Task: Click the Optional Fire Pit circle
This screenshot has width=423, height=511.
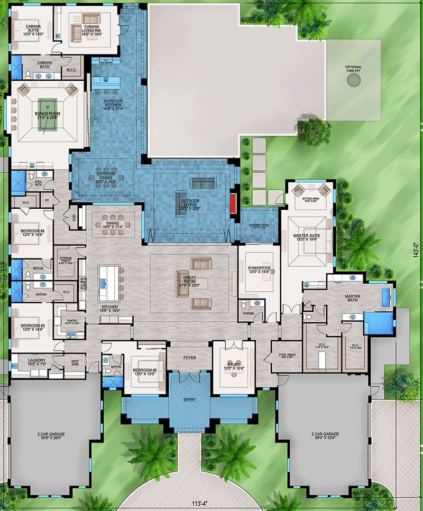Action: pyautogui.click(x=354, y=79)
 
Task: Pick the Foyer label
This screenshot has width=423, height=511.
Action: pyautogui.click(x=189, y=357)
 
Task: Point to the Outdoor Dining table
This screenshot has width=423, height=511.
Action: pyautogui.click(x=105, y=175)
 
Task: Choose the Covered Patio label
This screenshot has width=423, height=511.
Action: pyautogui.click(x=259, y=226)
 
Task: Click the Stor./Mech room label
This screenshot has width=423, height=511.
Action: pyautogui.click(x=280, y=356)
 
